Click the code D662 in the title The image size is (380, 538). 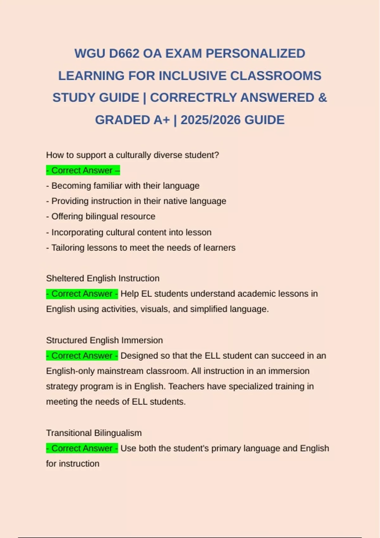[124, 53]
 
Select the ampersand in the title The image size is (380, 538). [322, 97]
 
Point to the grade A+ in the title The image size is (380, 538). [162, 120]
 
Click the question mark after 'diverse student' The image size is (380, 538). [217, 155]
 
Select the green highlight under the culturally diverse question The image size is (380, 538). [83, 170]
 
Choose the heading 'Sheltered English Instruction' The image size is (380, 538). [103, 278]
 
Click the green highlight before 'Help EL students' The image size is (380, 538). [82, 294]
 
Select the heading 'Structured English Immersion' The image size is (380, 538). [104, 340]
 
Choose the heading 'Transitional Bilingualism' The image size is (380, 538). [94, 433]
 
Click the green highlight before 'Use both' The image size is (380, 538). [82, 448]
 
